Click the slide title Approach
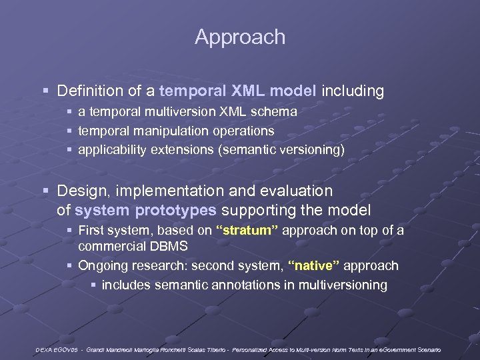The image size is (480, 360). point(240,37)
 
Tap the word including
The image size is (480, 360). point(353,91)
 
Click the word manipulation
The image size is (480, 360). point(168,131)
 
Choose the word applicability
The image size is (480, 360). point(111,150)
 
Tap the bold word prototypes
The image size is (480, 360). point(175,211)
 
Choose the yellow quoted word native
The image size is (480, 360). point(313,265)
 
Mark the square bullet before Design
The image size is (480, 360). point(45,191)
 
